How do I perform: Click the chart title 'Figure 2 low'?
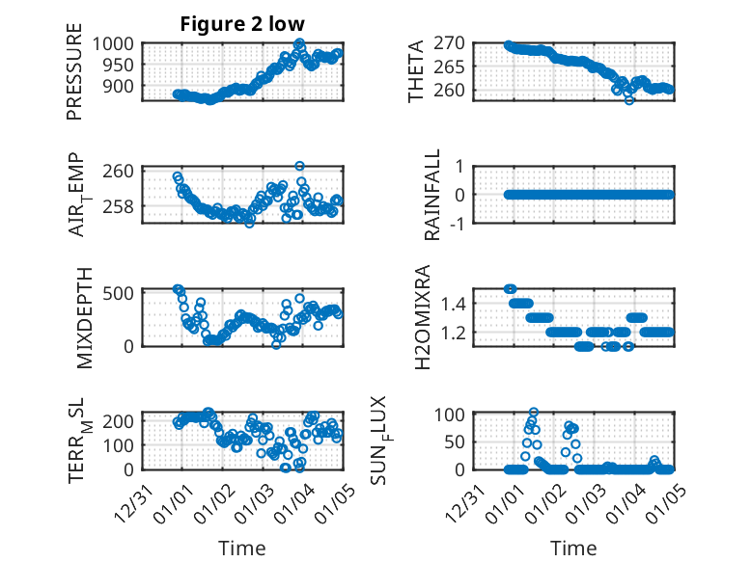(x=241, y=25)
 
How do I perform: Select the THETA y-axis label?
(x=417, y=72)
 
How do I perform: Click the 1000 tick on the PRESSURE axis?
(x=116, y=43)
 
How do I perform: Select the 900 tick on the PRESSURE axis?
(x=121, y=86)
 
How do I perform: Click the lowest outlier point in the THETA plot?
(x=629, y=99)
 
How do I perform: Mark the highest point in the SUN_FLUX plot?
(x=534, y=413)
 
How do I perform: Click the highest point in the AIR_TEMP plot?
(x=300, y=166)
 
